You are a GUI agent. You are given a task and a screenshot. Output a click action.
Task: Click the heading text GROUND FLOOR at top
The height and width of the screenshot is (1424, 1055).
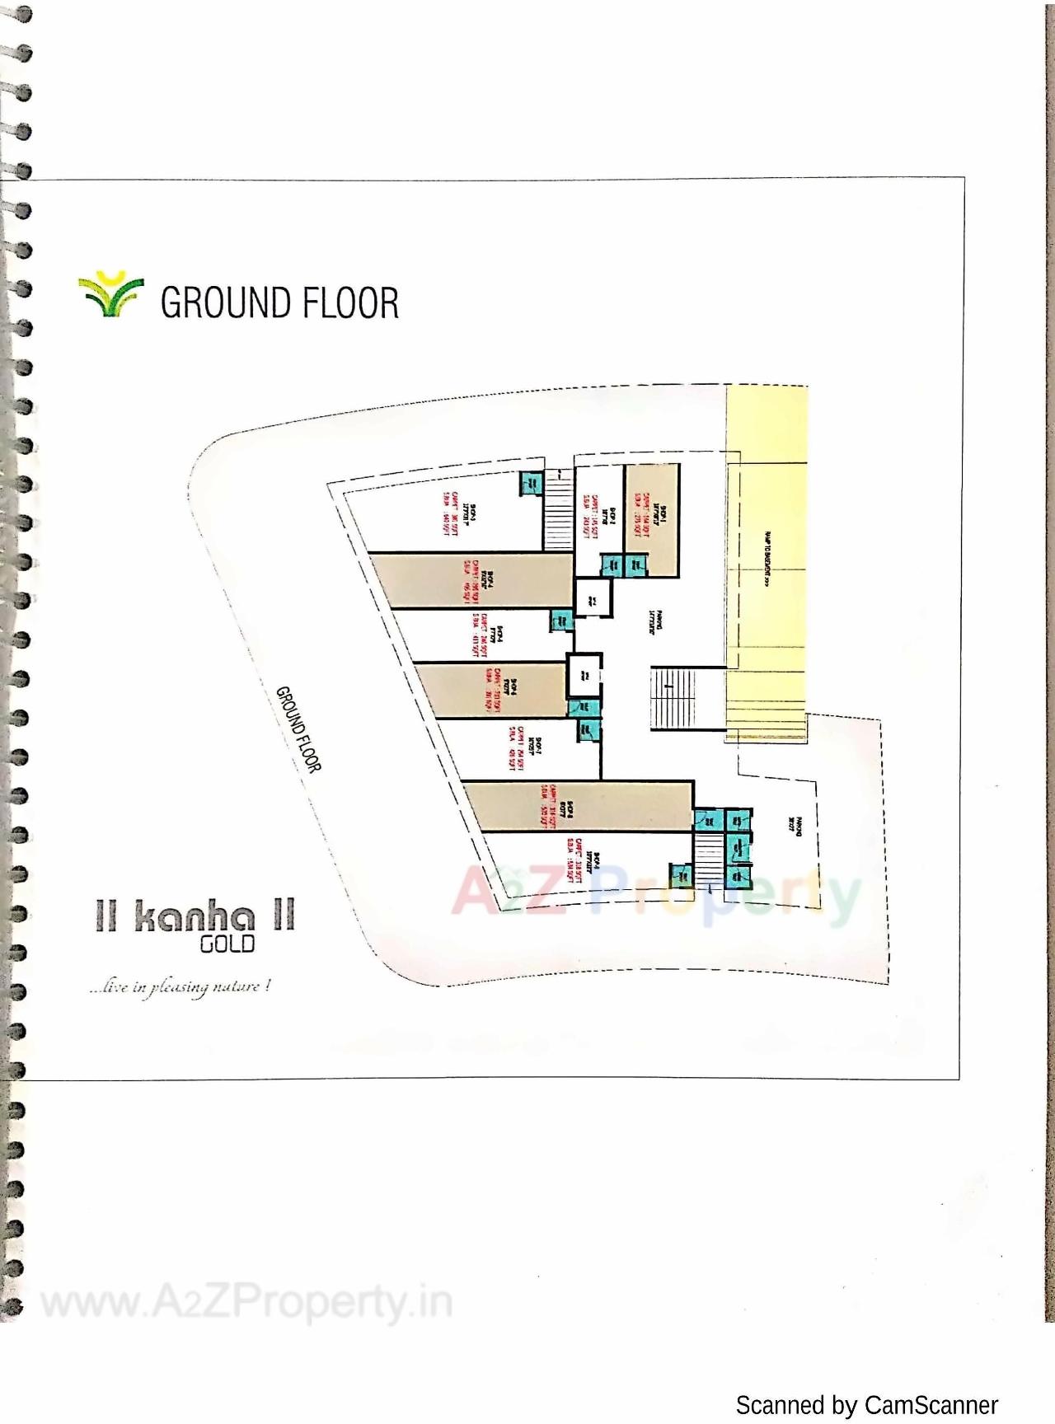[x=279, y=302]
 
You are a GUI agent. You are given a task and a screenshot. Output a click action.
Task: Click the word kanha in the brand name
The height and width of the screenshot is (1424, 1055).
[x=195, y=917]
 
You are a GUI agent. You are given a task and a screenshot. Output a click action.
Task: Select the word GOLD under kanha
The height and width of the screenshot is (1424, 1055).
[x=227, y=944]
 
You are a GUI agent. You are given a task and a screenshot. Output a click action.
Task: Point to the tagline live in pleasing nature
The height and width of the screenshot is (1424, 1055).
[x=181, y=986]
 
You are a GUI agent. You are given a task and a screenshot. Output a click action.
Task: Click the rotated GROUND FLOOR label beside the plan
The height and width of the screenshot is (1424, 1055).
[x=298, y=729]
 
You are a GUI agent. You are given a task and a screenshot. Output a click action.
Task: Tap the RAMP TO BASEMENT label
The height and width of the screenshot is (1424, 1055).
[x=767, y=559]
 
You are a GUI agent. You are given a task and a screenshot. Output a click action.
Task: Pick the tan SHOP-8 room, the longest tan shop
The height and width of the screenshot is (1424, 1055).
[x=577, y=806]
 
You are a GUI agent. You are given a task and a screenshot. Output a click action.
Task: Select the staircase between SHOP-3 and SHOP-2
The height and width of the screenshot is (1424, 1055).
[x=558, y=511]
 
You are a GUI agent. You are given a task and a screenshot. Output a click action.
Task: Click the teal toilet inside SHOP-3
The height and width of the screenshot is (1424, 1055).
[x=530, y=483]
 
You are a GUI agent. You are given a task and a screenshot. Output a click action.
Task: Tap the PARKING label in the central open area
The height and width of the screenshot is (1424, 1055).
[x=654, y=621]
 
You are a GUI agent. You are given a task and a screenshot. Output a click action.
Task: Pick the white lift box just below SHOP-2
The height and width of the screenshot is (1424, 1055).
[x=593, y=598]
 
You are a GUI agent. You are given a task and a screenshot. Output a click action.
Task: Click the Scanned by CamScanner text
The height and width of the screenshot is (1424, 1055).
[x=866, y=1405]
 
